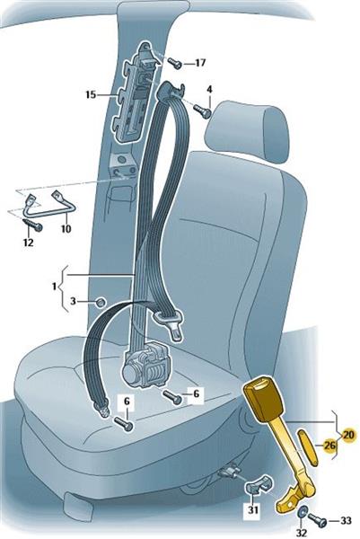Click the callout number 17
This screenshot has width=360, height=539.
click(200, 63)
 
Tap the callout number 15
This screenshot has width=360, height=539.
click(91, 94)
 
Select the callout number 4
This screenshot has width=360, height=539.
click(209, 90)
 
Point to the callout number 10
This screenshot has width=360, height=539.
click(66, 228)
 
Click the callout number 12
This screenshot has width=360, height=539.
click(28, 243)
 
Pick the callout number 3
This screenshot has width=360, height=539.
click(73, 302)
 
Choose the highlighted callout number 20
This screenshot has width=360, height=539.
click(348, 435)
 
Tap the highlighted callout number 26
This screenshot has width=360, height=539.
click(329, 446)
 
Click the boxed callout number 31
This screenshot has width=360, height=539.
click(253, 509)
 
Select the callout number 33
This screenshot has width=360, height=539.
click(346, 521)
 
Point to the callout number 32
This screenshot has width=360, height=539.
click(302, 533)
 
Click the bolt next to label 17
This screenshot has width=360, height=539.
click(175, 63)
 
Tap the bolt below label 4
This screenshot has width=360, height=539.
click(202, 111)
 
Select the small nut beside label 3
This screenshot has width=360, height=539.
click(100, 302)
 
